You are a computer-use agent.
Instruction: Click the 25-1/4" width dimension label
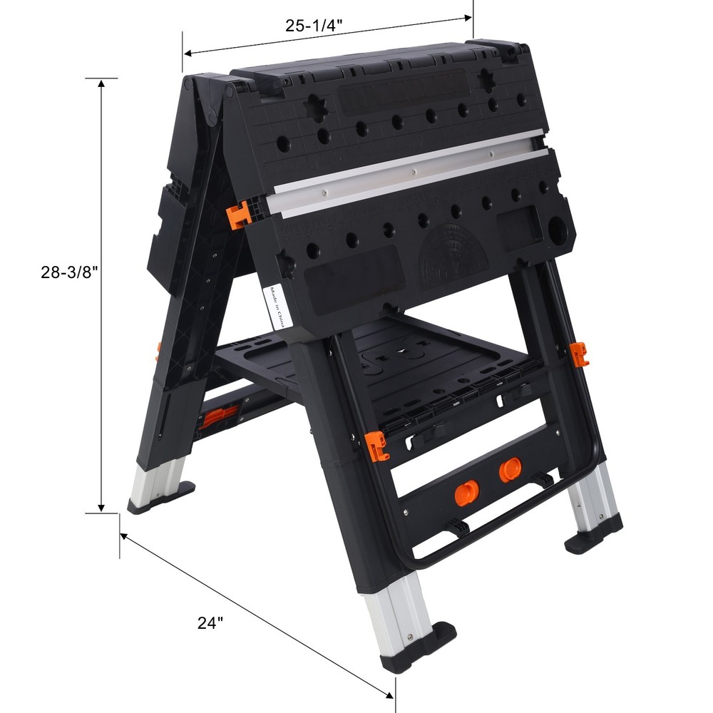(314, 26)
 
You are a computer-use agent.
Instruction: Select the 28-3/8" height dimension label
(68, 272)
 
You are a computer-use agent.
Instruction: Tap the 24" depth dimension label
(210, 622)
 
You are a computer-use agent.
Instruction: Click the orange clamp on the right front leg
(580, 354)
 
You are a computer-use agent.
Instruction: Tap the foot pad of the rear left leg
(161, 497)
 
